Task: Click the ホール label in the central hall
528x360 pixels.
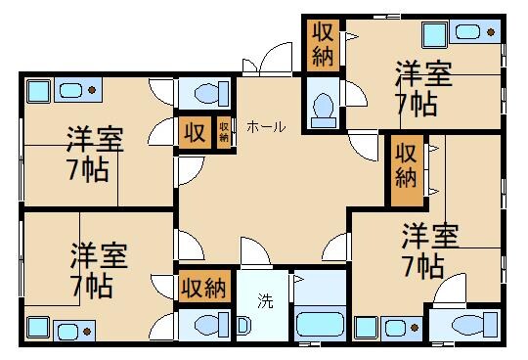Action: (x=266, y=127)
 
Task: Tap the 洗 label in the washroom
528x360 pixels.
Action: (x=265, y=300)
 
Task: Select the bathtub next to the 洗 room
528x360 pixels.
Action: (x=319, y=323)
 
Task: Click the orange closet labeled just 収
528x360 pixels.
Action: (x=195, y=132)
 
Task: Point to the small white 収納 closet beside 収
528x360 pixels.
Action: (x=224, y=131)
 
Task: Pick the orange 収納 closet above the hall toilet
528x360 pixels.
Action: (x=323, y=43)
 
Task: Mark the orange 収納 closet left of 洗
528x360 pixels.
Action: (x=204, y=288)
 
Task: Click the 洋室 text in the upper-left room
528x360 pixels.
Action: (x=95, y=139)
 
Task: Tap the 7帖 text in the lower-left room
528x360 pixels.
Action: (x=91, y=287)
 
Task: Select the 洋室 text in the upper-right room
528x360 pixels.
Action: (x=423, y=73)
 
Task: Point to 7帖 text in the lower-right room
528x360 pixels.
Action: (x=422, y=265)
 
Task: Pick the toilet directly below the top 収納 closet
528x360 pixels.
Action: (x=321, y=104)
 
